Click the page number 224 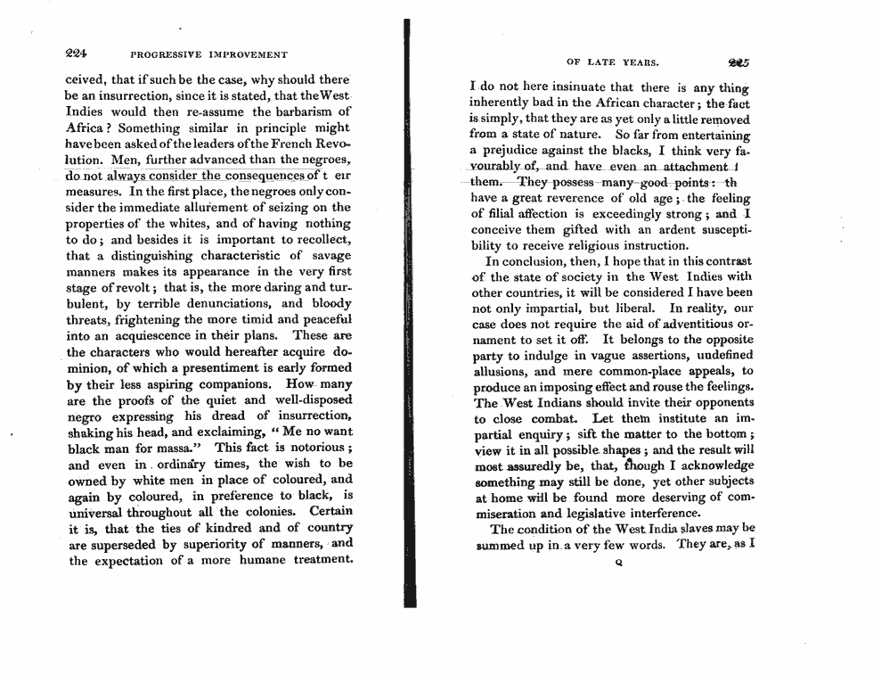pyautogui.click(x=79, y=52)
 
